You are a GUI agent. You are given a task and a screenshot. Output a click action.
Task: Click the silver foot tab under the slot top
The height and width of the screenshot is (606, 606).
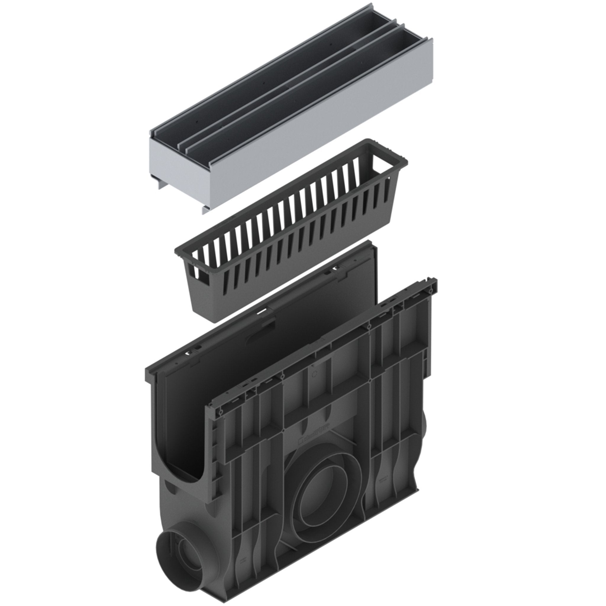(205, 209)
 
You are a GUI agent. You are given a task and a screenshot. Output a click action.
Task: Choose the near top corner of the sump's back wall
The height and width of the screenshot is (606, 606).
(149, 372)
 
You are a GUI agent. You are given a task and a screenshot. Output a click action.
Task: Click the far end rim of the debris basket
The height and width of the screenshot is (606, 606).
(389, 151)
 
